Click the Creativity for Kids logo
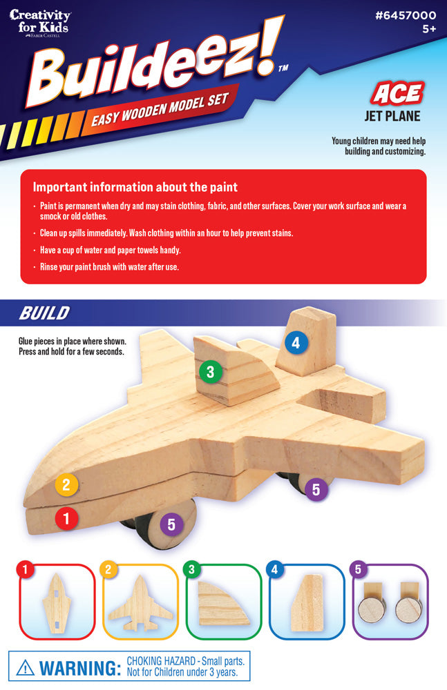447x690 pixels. pos(39,23)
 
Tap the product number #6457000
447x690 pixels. pos(406,15)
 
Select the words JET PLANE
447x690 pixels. pos(392,116)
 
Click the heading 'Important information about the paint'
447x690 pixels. pos(135,187)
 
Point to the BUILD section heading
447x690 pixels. pos(44,313)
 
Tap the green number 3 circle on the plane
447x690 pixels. pos(210,371)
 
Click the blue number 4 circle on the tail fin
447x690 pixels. pos(296,342)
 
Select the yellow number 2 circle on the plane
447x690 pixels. pos(66,484)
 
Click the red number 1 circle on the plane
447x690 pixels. pos(66,518)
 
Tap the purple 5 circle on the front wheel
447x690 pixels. pos(171,524)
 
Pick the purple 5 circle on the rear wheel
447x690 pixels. pos(316,489)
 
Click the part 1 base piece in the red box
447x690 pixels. pos(57,603)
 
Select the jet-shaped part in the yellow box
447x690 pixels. pos(140,603)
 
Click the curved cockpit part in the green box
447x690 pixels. pos(222,603)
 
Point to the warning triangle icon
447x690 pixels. pos(25,667)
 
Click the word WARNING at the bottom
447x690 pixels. pos(79,668)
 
